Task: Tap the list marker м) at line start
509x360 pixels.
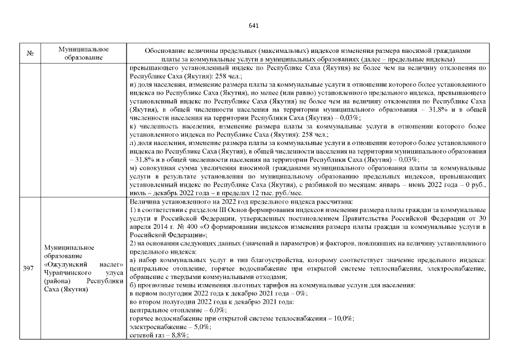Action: [133, 168]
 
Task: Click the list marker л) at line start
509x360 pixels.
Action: [133, 143]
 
